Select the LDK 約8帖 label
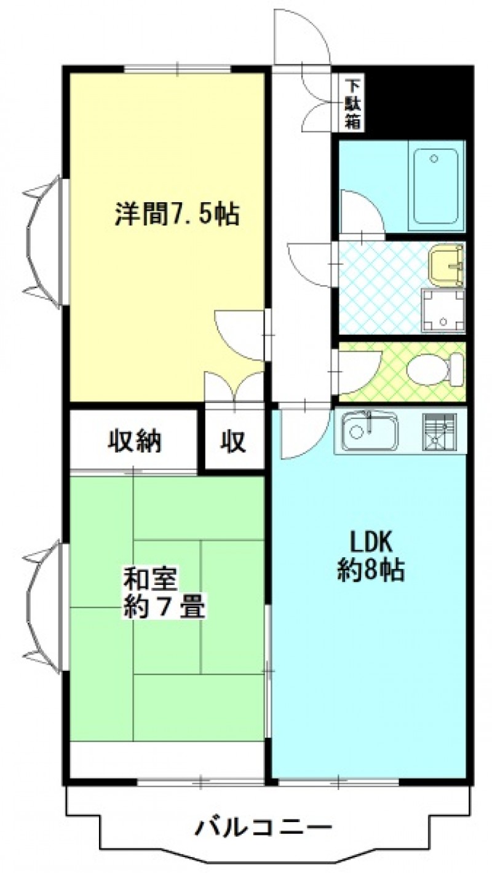click(x=370, y=556)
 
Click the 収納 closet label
click(x=134, y=442)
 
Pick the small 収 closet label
click(x=234, y=442)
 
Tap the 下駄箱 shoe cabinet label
click(x=353, y=104)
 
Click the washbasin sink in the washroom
click(x=446, y=264)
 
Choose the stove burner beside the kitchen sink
click(x=439, y=431)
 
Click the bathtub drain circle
click(x=434, y=159)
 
